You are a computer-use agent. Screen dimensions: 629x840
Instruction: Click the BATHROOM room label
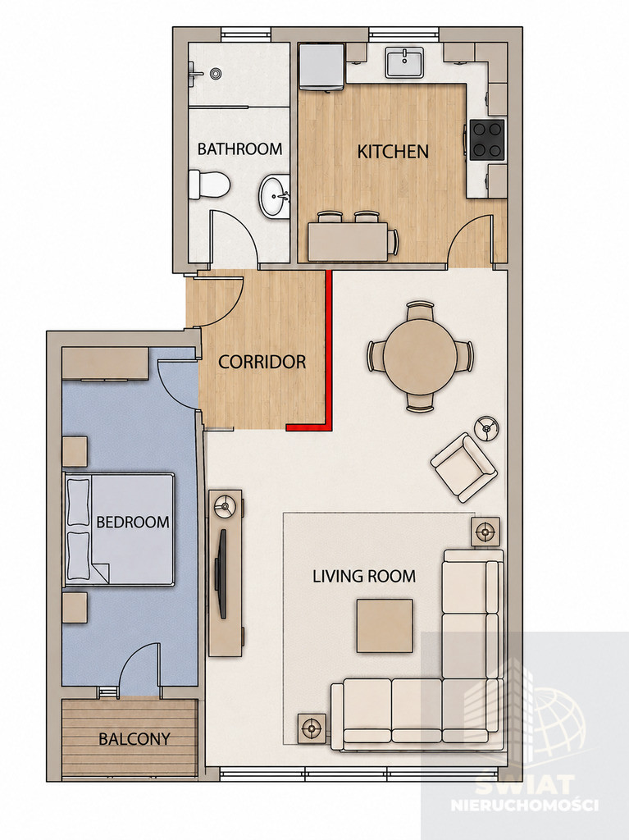click(239, 149)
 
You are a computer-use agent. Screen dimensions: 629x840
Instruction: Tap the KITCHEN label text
click(393, 152)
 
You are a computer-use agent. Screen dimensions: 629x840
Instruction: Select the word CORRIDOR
click(262, 362)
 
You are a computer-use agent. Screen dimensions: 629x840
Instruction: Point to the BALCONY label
click(134, 739)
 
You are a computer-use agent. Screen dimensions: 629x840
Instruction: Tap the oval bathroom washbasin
click(276, 197)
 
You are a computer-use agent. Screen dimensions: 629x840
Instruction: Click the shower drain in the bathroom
click(216, 73)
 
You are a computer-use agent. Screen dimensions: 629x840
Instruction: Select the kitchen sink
click(404, 62)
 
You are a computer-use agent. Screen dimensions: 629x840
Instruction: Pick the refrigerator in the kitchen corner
click(321, 66)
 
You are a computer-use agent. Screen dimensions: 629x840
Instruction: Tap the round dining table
click(421, 357)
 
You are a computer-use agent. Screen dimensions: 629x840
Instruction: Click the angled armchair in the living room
click(464, 467)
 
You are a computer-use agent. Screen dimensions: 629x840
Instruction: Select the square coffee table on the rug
click(385, 626)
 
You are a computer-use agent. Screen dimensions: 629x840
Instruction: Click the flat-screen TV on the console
click(221, 573)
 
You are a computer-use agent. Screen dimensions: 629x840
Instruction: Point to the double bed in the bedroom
click(119, 529)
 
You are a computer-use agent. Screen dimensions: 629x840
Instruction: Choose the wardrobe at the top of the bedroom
click(105, 364)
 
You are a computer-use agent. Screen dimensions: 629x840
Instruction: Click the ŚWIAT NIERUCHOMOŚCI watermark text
click(524, 794)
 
